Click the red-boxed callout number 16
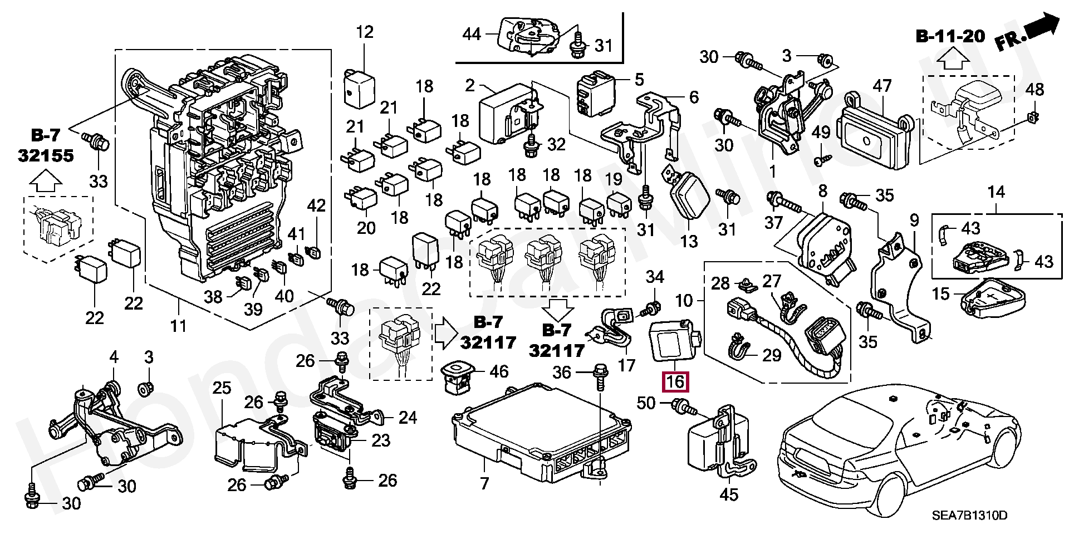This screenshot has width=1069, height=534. click(675, 382)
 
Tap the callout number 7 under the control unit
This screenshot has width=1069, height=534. click(484, 483)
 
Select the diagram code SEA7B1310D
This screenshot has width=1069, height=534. click(969, 515)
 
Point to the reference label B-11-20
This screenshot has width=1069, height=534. click(950, 37)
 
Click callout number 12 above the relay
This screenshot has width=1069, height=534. click(365, 32)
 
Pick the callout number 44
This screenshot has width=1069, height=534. click(472, 35)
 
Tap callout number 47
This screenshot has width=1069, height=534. click(882, 86)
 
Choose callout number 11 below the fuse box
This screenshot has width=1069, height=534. click(178, 325)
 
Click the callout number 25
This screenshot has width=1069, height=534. click(222, 388)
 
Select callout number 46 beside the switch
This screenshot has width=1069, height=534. click(499, 371)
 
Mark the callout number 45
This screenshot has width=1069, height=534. click(729, 494)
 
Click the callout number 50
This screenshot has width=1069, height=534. click(646, 403)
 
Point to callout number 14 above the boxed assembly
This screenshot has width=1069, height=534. click(996, 192)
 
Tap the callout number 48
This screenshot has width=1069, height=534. click(1034, 89)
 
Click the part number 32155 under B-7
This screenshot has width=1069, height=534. click(46, 155)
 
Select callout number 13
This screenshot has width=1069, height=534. click(689, 241)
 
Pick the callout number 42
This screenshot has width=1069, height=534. click(316, 205)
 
